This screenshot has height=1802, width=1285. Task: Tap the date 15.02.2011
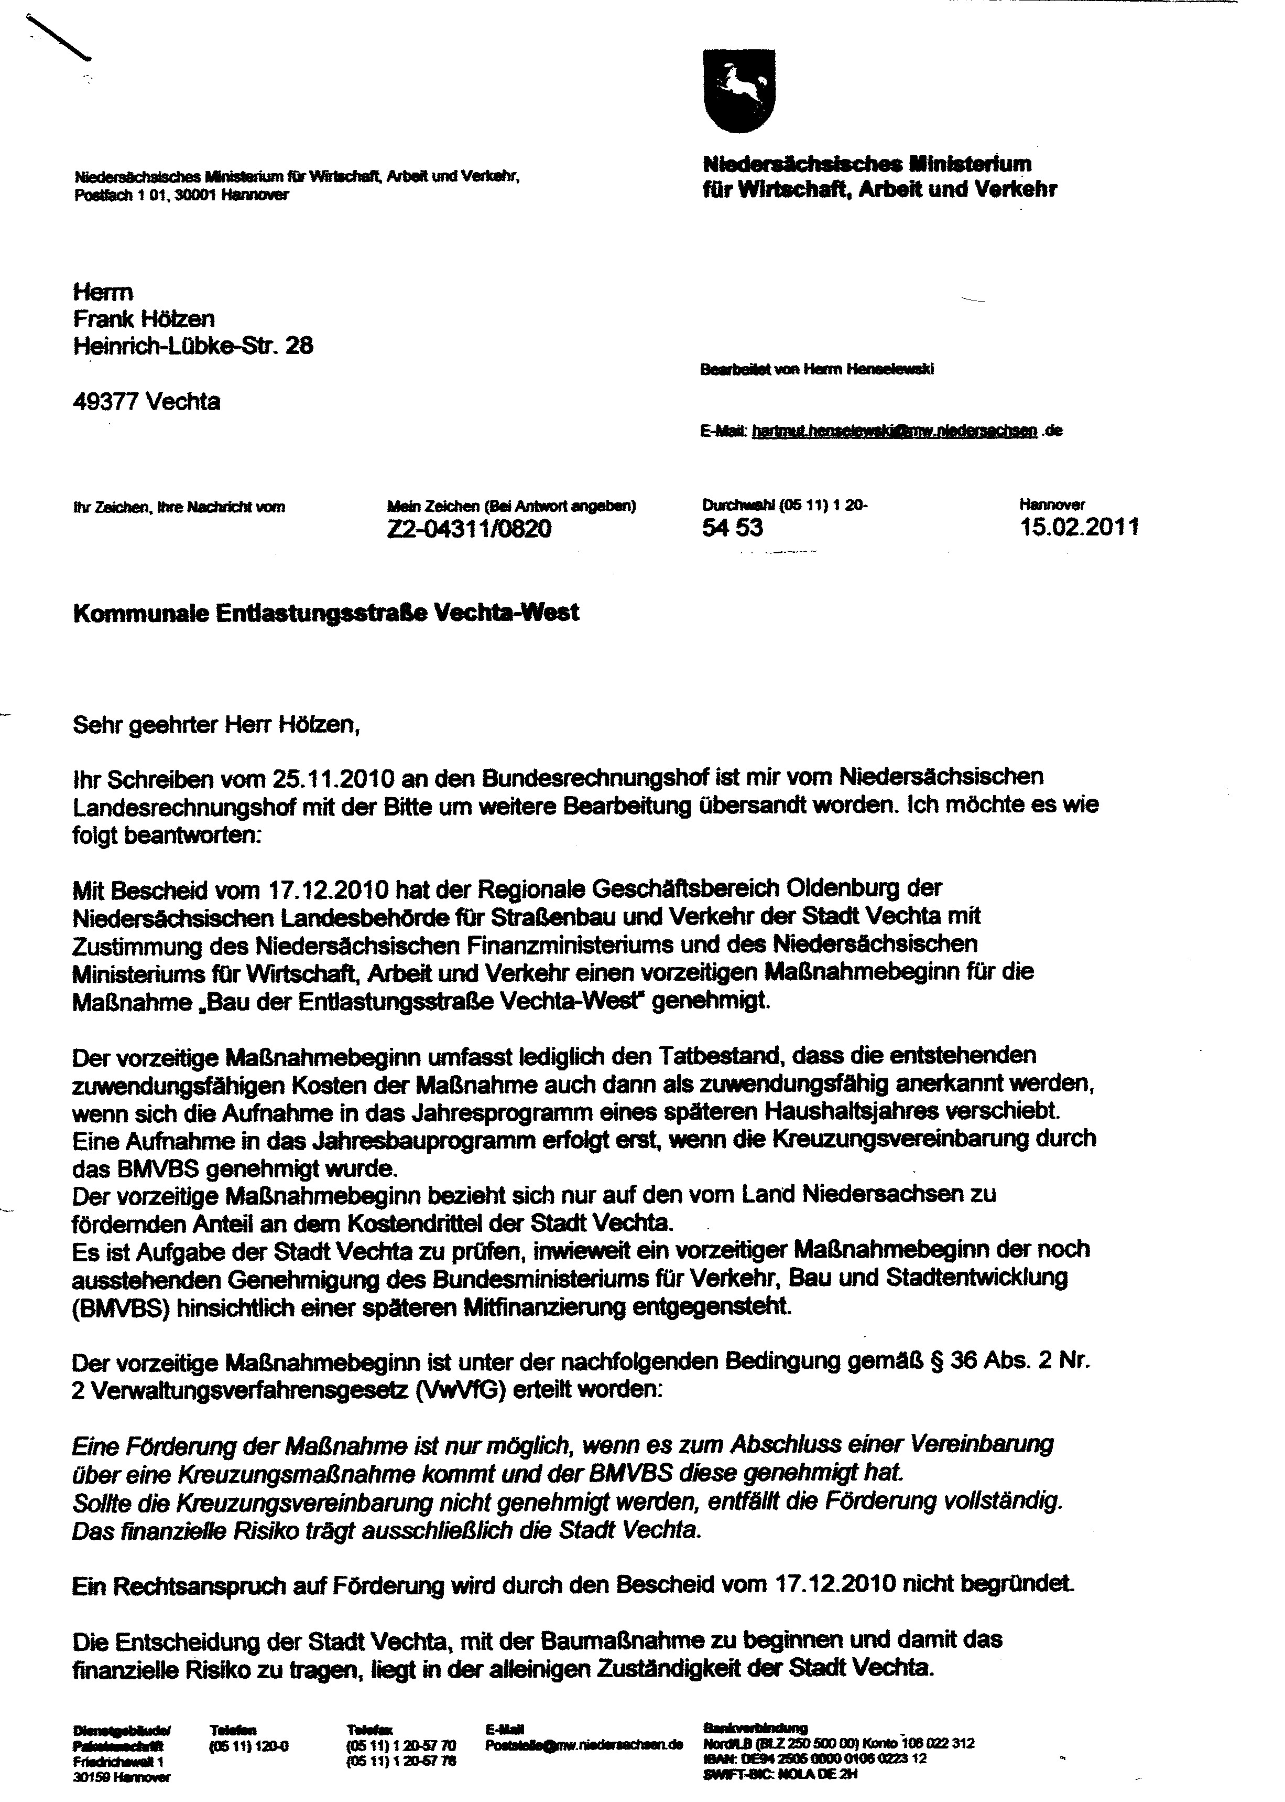point(1079,527)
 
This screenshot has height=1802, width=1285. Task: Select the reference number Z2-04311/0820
point(469,528)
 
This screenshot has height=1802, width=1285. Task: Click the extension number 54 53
point(732,527)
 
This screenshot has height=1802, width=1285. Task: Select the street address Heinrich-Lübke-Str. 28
point(192,346)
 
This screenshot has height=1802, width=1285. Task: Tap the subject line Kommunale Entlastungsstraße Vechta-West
point(325,613)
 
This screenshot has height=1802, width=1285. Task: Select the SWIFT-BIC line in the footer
point(780,1774)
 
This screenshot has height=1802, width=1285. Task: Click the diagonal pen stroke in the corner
point(59,37)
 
